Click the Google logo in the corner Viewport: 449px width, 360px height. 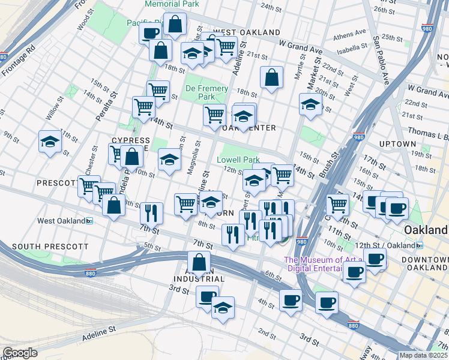[x=20, y=353]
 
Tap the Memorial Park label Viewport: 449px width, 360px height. [x=170, y=4]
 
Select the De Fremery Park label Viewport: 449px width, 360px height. [x=207, y=92]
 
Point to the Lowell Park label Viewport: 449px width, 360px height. [x=238, y=160]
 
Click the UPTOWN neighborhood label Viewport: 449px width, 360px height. [x=397, y=144]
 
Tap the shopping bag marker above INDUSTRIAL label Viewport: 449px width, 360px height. [x=199, y=262]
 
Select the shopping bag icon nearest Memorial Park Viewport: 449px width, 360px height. [x=175, y=25]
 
